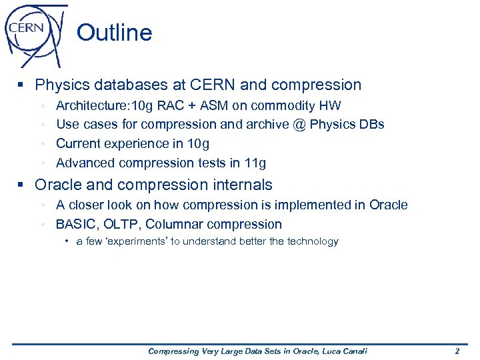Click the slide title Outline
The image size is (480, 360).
point(114,33)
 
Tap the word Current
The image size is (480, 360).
point(77,143)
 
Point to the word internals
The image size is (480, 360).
point(241,185)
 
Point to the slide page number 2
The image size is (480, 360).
point(457,351)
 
